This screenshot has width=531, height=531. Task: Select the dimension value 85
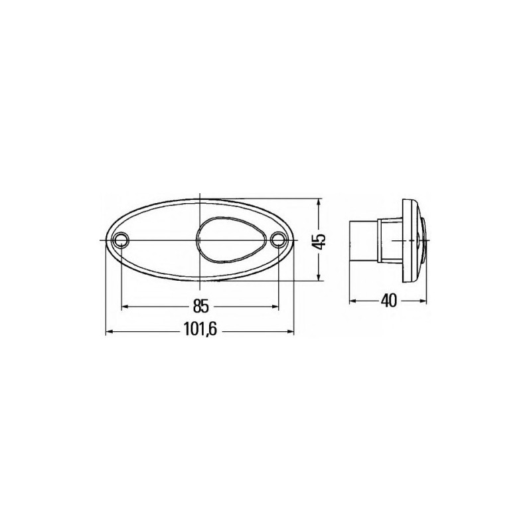(200, 306)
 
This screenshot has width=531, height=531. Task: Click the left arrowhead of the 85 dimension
(126, 306)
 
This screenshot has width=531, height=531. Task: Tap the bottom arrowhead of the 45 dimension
(319, 277)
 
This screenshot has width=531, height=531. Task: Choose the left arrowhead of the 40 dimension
(353, 301)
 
